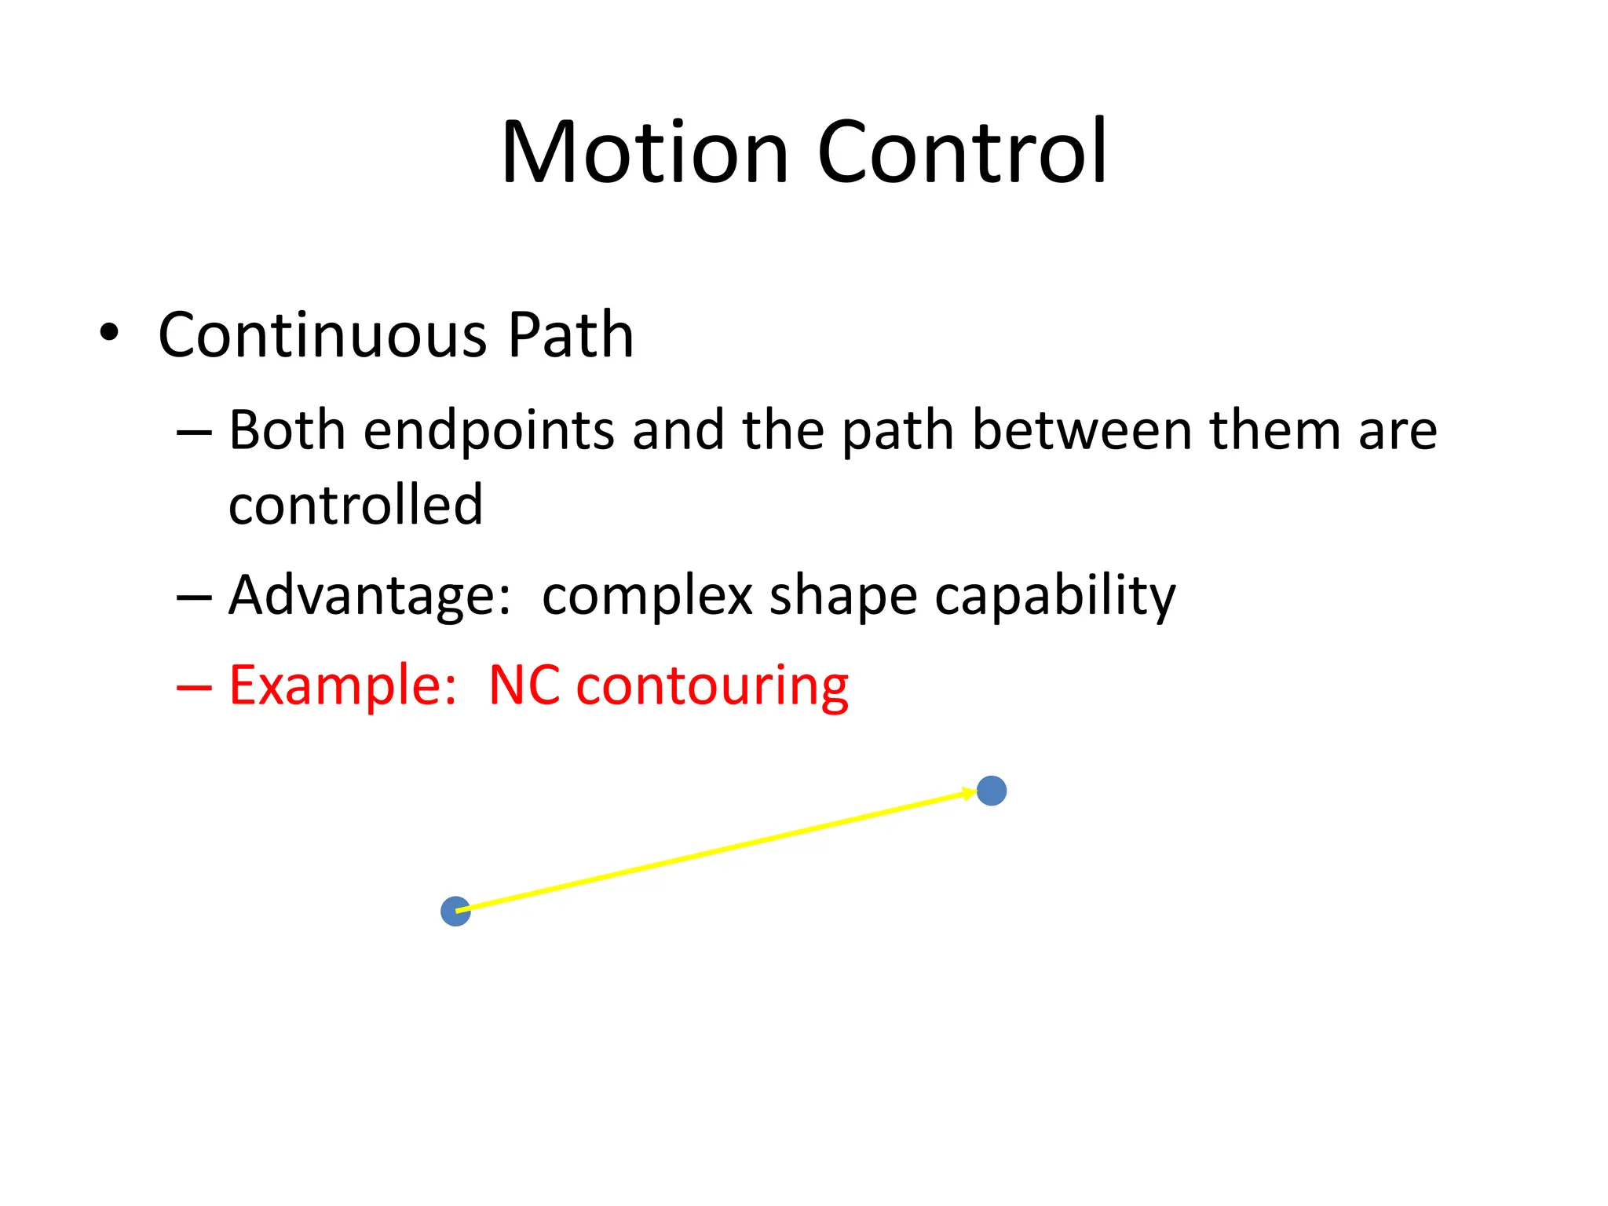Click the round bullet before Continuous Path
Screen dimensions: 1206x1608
[x=109, y=333]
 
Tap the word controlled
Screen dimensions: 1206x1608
[x=355, y=504]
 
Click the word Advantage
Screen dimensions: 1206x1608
[x=369, y=595]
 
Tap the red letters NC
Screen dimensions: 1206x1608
[x=524, y=685]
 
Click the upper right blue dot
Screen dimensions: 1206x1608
[x=991, y=791]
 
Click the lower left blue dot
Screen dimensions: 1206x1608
[x=455, y=912]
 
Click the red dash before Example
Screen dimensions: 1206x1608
[x=194, y=688]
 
